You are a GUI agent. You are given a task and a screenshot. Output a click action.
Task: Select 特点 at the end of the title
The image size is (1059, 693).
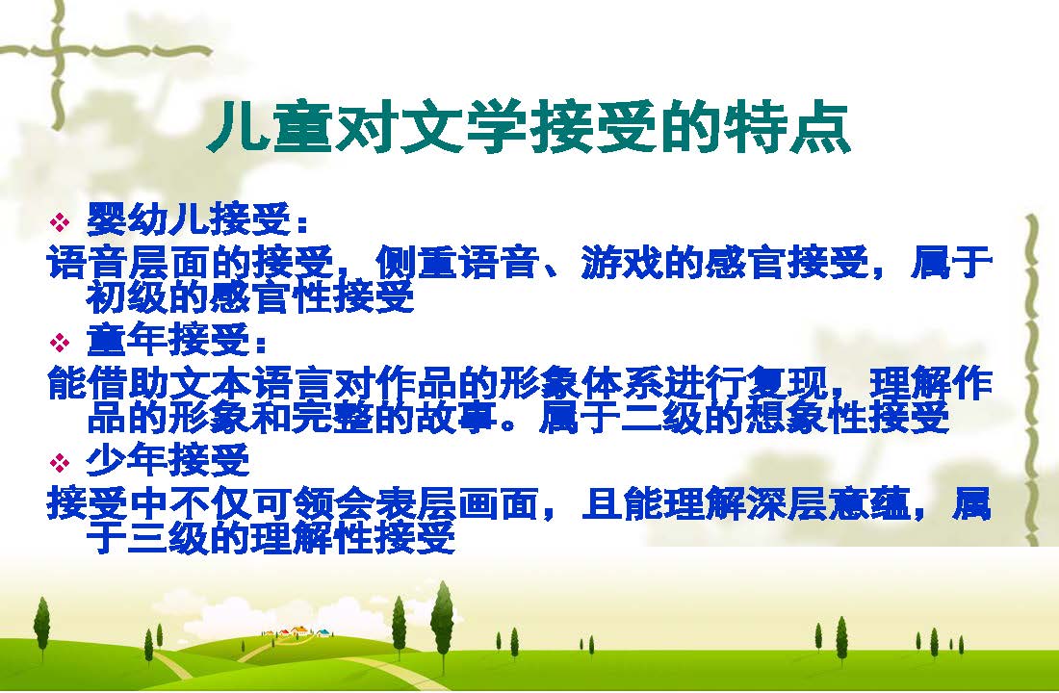tap(786, 127)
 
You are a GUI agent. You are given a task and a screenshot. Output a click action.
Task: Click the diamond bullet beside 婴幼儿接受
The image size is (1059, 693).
tap(60, 220)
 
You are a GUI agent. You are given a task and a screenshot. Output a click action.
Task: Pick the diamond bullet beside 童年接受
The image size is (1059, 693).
tap(60, 342)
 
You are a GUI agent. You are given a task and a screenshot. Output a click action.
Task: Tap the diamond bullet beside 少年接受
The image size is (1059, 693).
tap(60, 463)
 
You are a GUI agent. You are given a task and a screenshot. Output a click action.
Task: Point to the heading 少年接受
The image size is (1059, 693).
tap(168, 461)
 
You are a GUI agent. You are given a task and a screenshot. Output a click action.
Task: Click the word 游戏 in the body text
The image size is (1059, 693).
tap(621, 262)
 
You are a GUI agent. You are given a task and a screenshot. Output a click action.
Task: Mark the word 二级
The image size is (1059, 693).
tap(662, 418)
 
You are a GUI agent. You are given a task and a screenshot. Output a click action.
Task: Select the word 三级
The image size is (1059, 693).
tap(168, 538)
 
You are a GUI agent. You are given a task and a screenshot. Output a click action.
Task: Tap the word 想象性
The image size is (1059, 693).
tap(807, 418)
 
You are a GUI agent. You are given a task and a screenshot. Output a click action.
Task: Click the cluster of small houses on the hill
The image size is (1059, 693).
tap(297, 632)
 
